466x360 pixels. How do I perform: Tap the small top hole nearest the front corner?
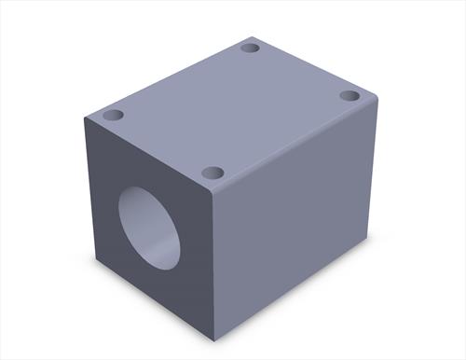coord(212,173)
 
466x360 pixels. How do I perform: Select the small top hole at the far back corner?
coord(249,48)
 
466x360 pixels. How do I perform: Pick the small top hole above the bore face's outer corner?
coord(113,116)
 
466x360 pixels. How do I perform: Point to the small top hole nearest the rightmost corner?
coord(349,96)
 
